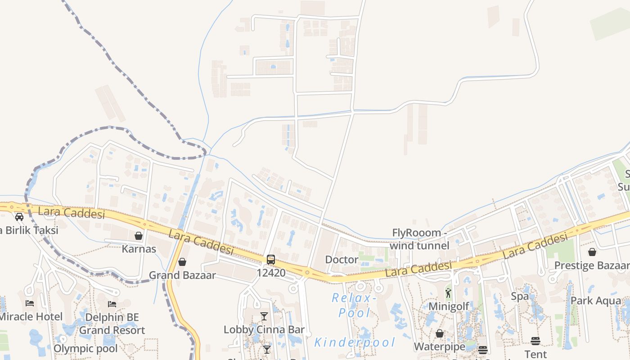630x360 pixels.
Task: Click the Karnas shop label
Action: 139,249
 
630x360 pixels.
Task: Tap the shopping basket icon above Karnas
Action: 139,236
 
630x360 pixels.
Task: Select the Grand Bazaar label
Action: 182,275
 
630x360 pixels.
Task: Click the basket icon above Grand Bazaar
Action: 182,262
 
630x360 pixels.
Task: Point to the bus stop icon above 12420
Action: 271,259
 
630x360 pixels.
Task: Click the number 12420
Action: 271,272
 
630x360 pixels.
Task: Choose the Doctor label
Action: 342,260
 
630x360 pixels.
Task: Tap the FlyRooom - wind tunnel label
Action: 419,239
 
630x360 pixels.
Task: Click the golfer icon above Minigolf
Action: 448,293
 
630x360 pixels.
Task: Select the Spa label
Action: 520,296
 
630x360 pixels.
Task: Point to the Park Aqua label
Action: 595,301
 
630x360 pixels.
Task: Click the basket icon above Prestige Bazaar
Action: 592,252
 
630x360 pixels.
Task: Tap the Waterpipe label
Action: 439,346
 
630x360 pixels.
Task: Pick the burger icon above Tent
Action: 535,341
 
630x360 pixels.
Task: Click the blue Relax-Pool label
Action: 354,305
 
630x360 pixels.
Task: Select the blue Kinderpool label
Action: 355,342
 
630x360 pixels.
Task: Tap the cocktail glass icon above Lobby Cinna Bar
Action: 264,316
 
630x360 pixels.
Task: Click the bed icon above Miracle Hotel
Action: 30,303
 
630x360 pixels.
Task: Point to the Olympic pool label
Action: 85,348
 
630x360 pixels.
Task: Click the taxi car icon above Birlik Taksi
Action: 19,217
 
